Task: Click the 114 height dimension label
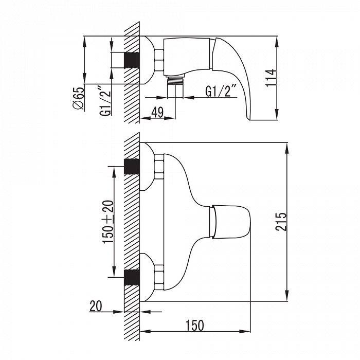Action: click(271, 78)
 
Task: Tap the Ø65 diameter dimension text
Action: click(79, 99)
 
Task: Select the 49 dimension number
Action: click(158, 112)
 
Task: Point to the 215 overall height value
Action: click(281, 222)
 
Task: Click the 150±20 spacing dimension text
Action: click(108, 222)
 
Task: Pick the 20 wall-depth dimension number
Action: click(95, 306)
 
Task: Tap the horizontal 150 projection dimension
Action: click(195, 326)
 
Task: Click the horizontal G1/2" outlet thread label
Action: click(221, 91)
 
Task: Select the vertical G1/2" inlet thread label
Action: click(105, 101)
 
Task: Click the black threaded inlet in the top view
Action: click(132, 60)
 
